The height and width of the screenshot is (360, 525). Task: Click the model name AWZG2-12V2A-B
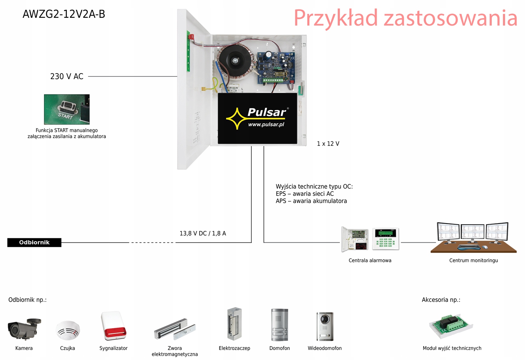tap(64, 14)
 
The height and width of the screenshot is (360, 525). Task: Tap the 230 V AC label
tap(67, 77)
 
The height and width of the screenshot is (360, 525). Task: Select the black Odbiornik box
tap(34, 242)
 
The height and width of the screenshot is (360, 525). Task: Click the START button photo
tap(66, 109)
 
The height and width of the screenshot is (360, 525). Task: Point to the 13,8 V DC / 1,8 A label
tap(203, 233)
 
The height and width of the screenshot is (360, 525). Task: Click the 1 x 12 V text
tap(328, 144)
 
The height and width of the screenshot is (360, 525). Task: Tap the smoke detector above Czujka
tap(68, 330)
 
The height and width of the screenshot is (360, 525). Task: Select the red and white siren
tap(113, 326)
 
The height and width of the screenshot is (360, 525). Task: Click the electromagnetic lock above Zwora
tap(174, 329)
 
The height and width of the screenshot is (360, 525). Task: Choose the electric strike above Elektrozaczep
tap(234, 324)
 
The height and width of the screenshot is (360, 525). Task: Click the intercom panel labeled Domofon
tap(279, 325)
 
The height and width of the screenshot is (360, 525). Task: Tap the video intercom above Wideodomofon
tap(325, 326)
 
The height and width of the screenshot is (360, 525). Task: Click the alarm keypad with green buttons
tap(385, 239)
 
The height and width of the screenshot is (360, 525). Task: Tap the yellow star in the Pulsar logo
tap(237, 119)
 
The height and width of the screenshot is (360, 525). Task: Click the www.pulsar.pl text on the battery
tap(266, 125)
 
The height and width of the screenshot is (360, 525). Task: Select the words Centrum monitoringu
tap(473, 261)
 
